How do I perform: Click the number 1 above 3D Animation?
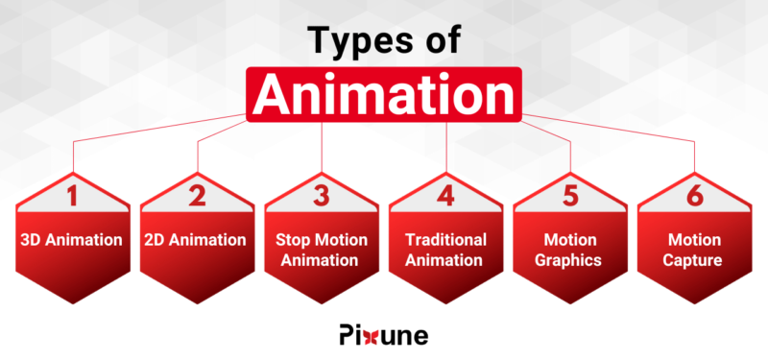pyautogui.click(x=73, y=197)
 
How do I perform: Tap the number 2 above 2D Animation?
pyautogui.click(x=198, y=197)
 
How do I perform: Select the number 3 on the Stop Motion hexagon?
pyautogui.click(x=322, y=197)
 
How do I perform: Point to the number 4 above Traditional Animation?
pyautogui.click(x=445, y=197)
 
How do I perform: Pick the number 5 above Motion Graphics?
pyautogui.click(x=569, y=197)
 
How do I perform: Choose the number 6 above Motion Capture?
pyautogui.click(x=693, y=197)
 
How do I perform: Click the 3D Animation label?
pyautogui.click(x=73, y=240)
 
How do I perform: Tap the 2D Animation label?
pyautogui.click(x=198, y=240)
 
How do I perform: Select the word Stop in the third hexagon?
pyautogui.click(x=292, y=240)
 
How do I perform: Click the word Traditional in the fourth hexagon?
pyautogui.click(x=445, y=240)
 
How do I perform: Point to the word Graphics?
pyautogui.click(x=569, y=259)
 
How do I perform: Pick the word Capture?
pyautogui.click(x=693, y=259)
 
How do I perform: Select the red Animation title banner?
pyautogui.click(x=384, y=94)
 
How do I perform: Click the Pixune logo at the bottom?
pyautogui.click(x=384, y=335)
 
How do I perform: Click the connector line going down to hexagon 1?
pyautogui.click(x=73, y=158)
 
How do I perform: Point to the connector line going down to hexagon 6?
pyautogui.click(x=693, y=158)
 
